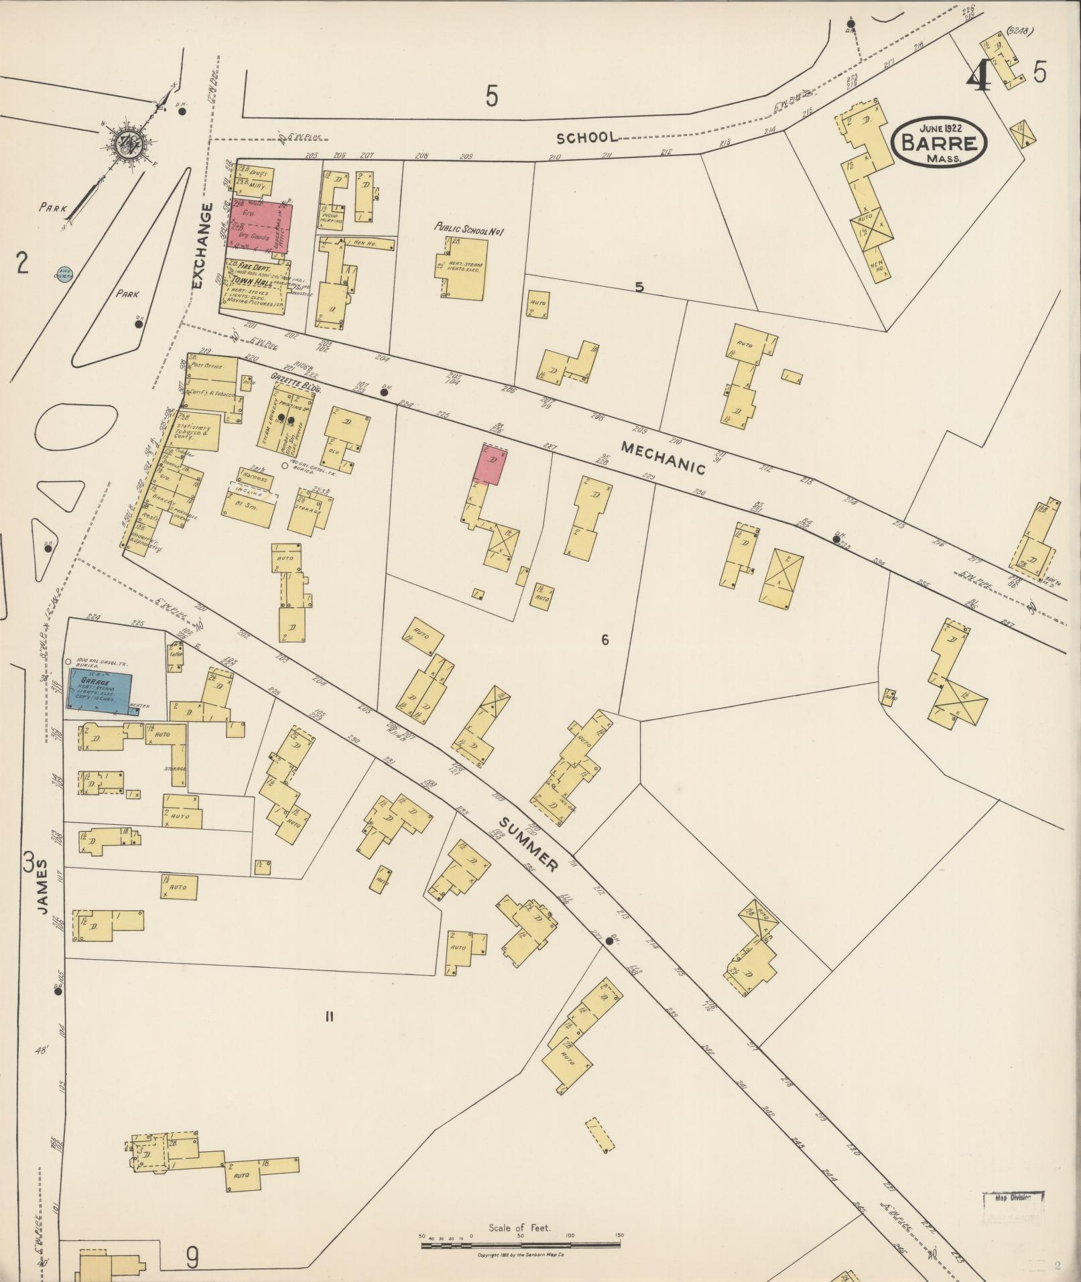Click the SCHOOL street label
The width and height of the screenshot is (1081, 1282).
point(587,137)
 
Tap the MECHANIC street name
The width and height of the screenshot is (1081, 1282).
point(663,458)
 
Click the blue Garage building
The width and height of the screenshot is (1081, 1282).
point(99,689)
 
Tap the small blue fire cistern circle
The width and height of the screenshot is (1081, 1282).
point(63,273)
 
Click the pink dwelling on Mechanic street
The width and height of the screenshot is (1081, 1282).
point(490,464)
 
